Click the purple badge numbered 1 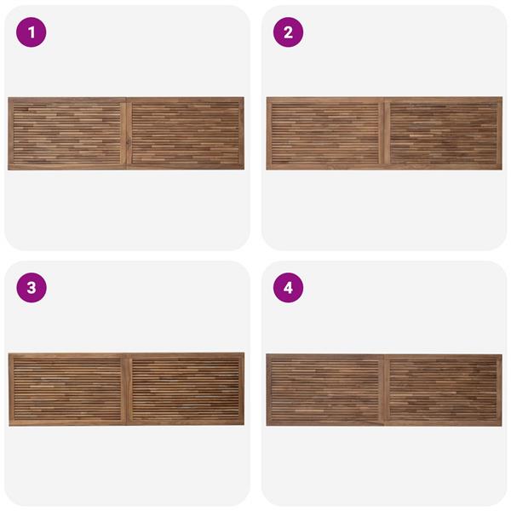pyautogui.click(x=32, y=32)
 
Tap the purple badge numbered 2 pyautogui.click(x=288, y=32)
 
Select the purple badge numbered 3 pyautogui.click(x=32, y=288)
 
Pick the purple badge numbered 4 pyautogui.click(x=288, y=288)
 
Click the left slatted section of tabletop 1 pyautogui.click(x=67, y=134)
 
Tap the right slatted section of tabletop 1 pyautogui.click(x=186, y=134)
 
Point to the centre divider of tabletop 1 pyautogui.click(x=126, y=134)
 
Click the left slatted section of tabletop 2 pyautogui.click(x=325, y=134)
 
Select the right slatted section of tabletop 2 pyautogui.click(x=444, y=134)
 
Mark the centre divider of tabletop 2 pyautogui.click(x=384, y=134)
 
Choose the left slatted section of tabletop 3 pyautogui.click(x=67, y=389)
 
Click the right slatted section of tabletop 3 pyautogui.click(x=186, y=389)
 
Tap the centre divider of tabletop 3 pyautogui.click(x=126, y=389)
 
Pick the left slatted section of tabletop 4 pyautogui.click(x=325, y=390)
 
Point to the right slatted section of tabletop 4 pyautogui.click(x=443, y=390)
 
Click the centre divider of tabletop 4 pyautogui.click(x=384, y=390)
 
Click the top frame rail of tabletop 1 pyautogui.click(x=126, y=100)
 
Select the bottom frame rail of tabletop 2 pyautogui.click(x=384, y=167)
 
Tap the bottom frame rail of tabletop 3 pyautogui.click(x=126, y=422)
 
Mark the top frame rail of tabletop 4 pyautogui.click(x=384, y=357)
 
